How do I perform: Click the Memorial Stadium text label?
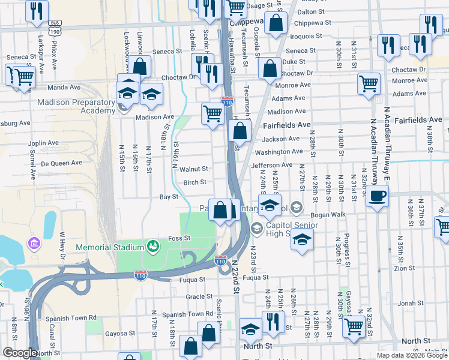point(109,247)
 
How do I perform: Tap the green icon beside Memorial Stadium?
point(153,247)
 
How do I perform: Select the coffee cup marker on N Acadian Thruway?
point(377,196)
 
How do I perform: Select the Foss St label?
point(179,238)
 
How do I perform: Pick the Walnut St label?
point(194,169)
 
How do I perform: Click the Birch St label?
point(194,182)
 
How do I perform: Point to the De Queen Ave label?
point(61,163)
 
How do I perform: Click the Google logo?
point(20,353)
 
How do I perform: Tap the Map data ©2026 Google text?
point(411,355)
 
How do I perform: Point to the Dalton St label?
point(311,11)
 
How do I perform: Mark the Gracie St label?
point(195,296)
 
